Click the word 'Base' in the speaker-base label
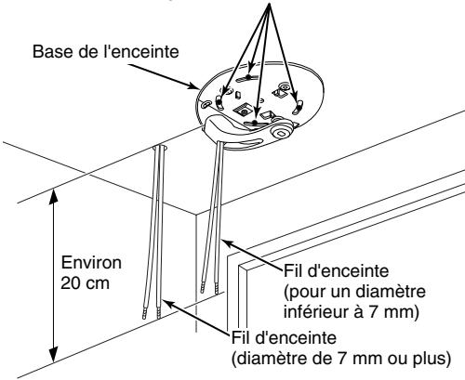pos(46,47)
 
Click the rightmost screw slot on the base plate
pos(298,107)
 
